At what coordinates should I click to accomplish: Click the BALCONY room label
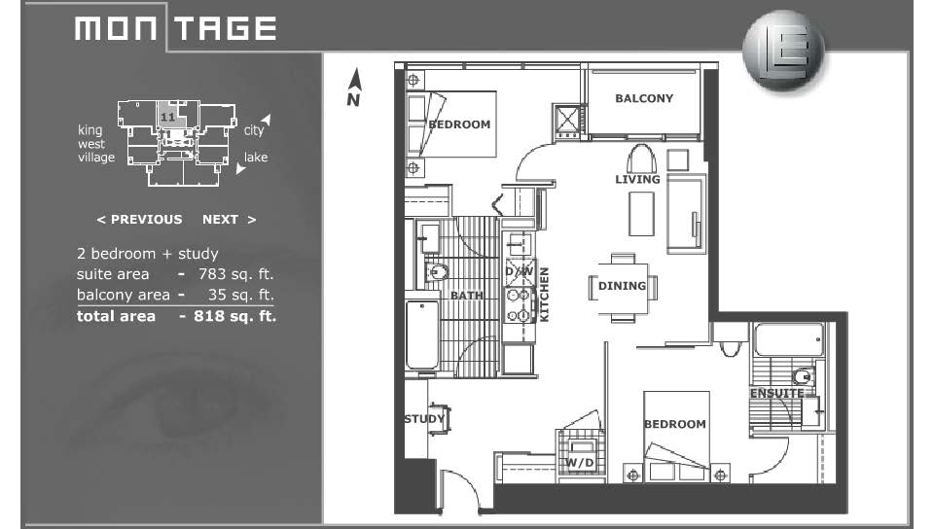[x=644, y=98]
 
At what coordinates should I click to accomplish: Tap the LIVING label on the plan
[x=637, y=179]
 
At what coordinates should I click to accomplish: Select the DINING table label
[x=622, y=286]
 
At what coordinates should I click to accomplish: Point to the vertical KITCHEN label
[x=544, y=295]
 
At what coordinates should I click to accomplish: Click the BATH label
[x=466, y=296]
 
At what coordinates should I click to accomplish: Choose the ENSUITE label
[x=776, y=393]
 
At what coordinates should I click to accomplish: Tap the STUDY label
[x=424, y=419]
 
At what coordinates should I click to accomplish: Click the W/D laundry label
[x=579, y=462]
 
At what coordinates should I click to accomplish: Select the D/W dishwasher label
[x=520, y=271]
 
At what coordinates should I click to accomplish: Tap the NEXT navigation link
[x=229, y=220]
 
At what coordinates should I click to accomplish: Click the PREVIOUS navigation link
[x=139, y=220]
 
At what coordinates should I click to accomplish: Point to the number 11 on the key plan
[x=167, y=117]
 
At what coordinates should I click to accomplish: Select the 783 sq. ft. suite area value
[x=235, y=274]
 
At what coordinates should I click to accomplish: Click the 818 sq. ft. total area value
[x=234, y=316]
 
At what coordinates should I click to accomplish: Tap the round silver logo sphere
[x=783, y=51]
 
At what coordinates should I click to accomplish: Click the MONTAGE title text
[x=176, y=28]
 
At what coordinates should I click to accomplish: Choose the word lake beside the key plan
[x=256, y=158]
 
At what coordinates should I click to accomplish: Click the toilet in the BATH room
[x=437, y=272]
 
